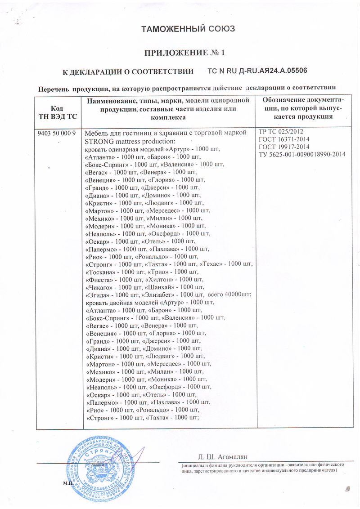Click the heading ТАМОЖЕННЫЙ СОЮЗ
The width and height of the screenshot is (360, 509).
point(189,30)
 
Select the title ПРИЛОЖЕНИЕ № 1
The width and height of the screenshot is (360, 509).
point(184,53)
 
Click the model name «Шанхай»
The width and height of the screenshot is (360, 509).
point(157,287)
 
